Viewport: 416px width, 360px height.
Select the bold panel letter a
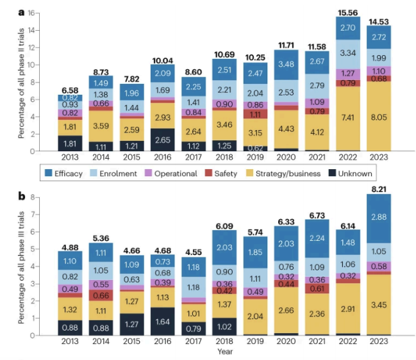[22, 12]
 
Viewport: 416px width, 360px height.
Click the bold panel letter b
[22, 196]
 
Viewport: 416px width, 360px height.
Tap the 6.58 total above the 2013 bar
[70, 90]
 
